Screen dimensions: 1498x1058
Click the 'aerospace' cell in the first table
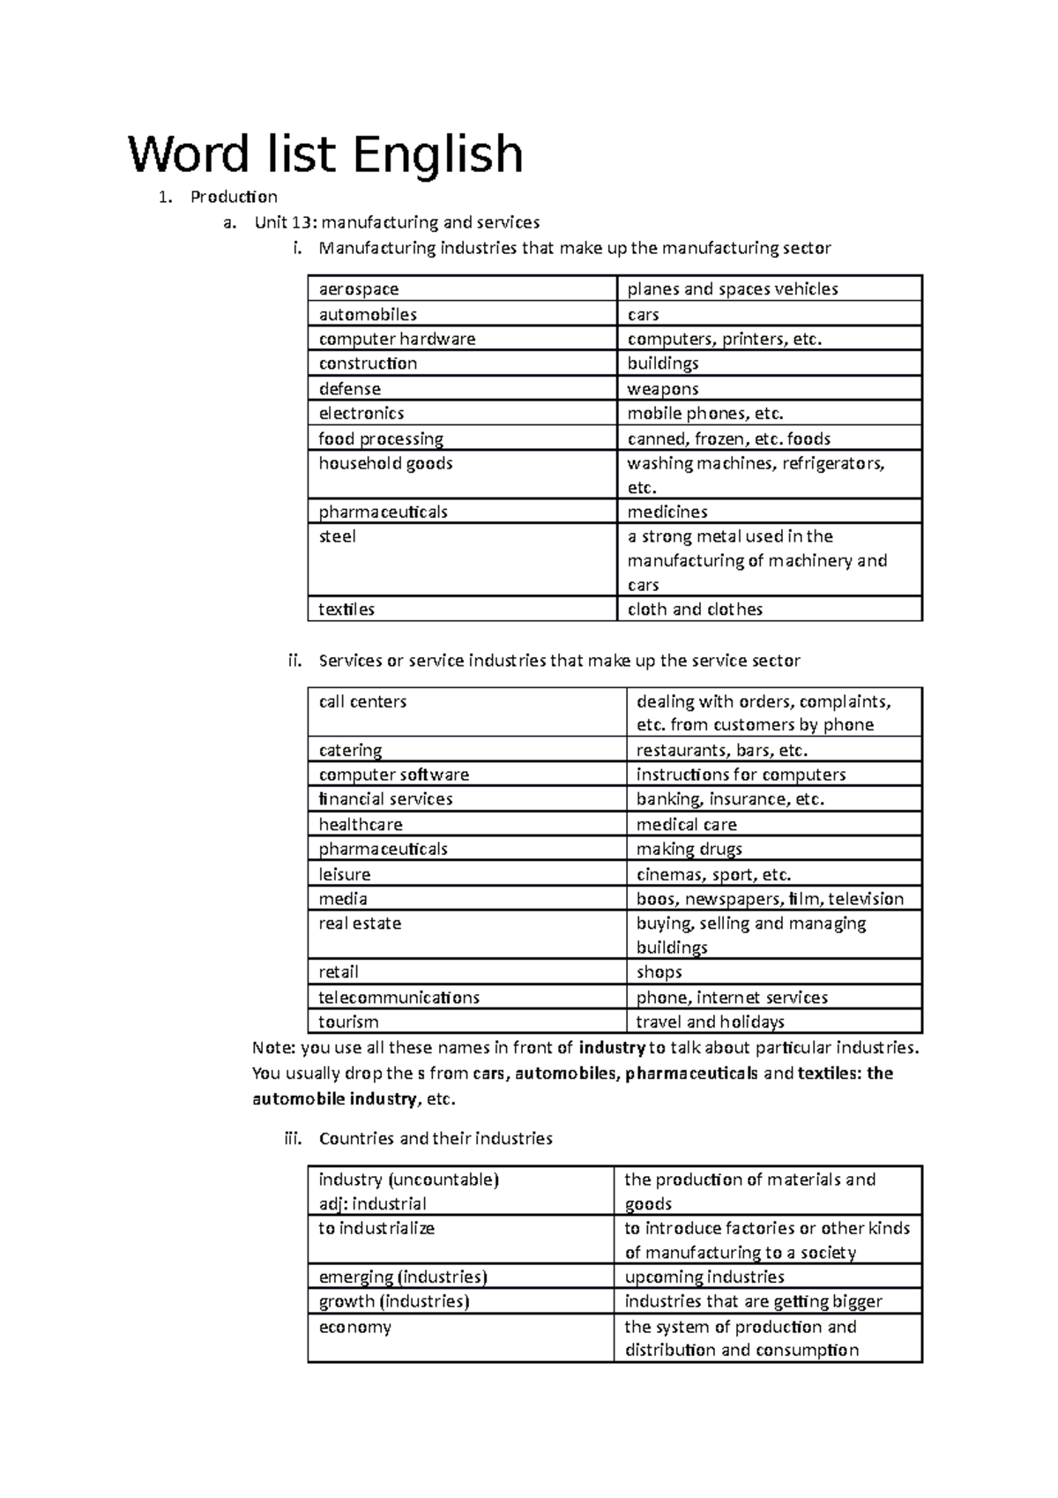point(359,289)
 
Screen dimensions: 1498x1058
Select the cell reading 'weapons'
point(662,389)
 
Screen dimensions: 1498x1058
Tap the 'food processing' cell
point(381,438)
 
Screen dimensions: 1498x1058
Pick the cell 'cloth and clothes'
point(694,610)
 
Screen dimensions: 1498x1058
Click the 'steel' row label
point(338,536)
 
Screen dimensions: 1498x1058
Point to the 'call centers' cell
point(362,702)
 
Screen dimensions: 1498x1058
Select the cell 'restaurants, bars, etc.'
point(722,751)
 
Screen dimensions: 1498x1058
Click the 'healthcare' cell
point(361,825)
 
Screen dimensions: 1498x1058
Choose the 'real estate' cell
point(360,924)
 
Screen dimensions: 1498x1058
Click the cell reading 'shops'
point(659,972)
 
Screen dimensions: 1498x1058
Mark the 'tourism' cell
point(348,1022)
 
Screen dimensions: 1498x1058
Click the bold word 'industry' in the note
point(611,1048)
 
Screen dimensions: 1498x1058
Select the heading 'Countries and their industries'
point(436,1139)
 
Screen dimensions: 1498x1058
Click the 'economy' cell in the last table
point(354,1328)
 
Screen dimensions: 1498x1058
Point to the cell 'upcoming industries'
point(704,1277)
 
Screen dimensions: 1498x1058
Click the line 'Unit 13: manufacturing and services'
point(397,222)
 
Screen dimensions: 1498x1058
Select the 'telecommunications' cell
point(399,998)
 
